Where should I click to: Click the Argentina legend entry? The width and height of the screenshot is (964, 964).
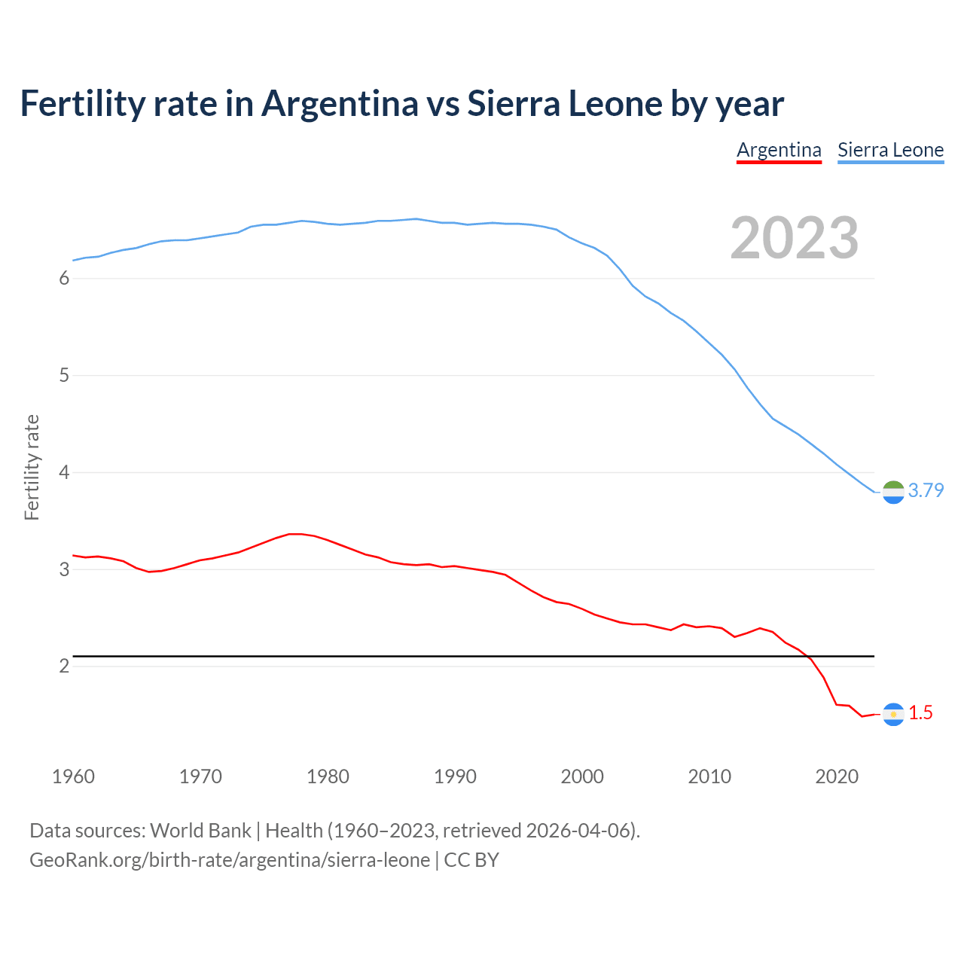[779, 150]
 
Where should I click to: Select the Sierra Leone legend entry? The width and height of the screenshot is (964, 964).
[890, 150]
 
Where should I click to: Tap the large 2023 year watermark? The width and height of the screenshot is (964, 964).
[795, 238]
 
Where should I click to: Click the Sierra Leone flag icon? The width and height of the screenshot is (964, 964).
[893, 492]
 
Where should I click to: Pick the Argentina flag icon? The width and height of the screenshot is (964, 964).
[893, 714]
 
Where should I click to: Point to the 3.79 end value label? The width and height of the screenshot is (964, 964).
[926, 490]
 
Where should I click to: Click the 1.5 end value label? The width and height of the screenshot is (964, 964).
[920, 712]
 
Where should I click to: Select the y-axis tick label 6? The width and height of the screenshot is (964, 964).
[64, 279]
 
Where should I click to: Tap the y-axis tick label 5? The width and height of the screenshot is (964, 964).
[64, 375]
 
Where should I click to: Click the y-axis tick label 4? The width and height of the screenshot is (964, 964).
[64, 472]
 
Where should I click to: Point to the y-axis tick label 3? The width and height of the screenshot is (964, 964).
[64, 569]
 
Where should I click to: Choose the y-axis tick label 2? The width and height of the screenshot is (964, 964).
[64, 666]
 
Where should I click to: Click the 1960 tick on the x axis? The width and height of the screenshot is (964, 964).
[73, 776]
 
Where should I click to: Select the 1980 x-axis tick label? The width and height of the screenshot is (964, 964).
[328, 776]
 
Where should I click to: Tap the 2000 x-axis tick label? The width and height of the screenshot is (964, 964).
[582, 776]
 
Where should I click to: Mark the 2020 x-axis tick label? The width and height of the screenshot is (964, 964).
[837, 776]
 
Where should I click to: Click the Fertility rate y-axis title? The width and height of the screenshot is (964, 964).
[32, 467]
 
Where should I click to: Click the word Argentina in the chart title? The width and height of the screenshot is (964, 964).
[340, 103]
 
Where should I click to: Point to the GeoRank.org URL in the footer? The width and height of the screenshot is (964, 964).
[230, 860]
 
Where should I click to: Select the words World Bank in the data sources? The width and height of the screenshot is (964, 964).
[200, 831]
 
